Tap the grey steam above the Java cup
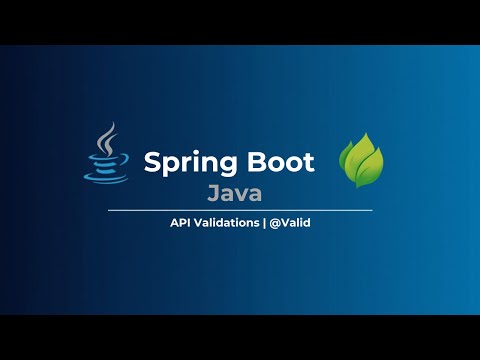click(x=104, y=137)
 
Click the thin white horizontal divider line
click(x=240, y=210)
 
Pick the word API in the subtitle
click(x=182, y=223)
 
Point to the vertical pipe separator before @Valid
click(x=264, y=223)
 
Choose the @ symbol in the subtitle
click(x=275, y=223)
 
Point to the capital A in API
click(x=174, y=223)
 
